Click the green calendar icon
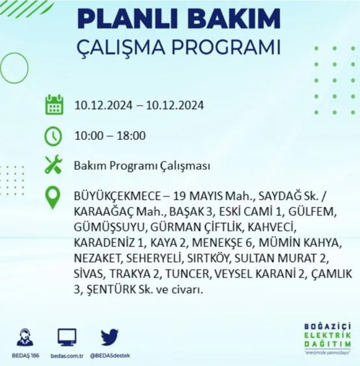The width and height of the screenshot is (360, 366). click(x=54, y=105)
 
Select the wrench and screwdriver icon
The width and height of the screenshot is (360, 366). click(x=54, y=166)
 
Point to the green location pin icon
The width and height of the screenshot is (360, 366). click(x=54, y=197)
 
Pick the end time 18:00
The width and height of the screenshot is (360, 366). click(x=130, y=136)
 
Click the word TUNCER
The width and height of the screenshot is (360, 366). click(x=186, y=274)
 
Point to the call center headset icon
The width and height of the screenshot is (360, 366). click(x=24, y=337)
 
